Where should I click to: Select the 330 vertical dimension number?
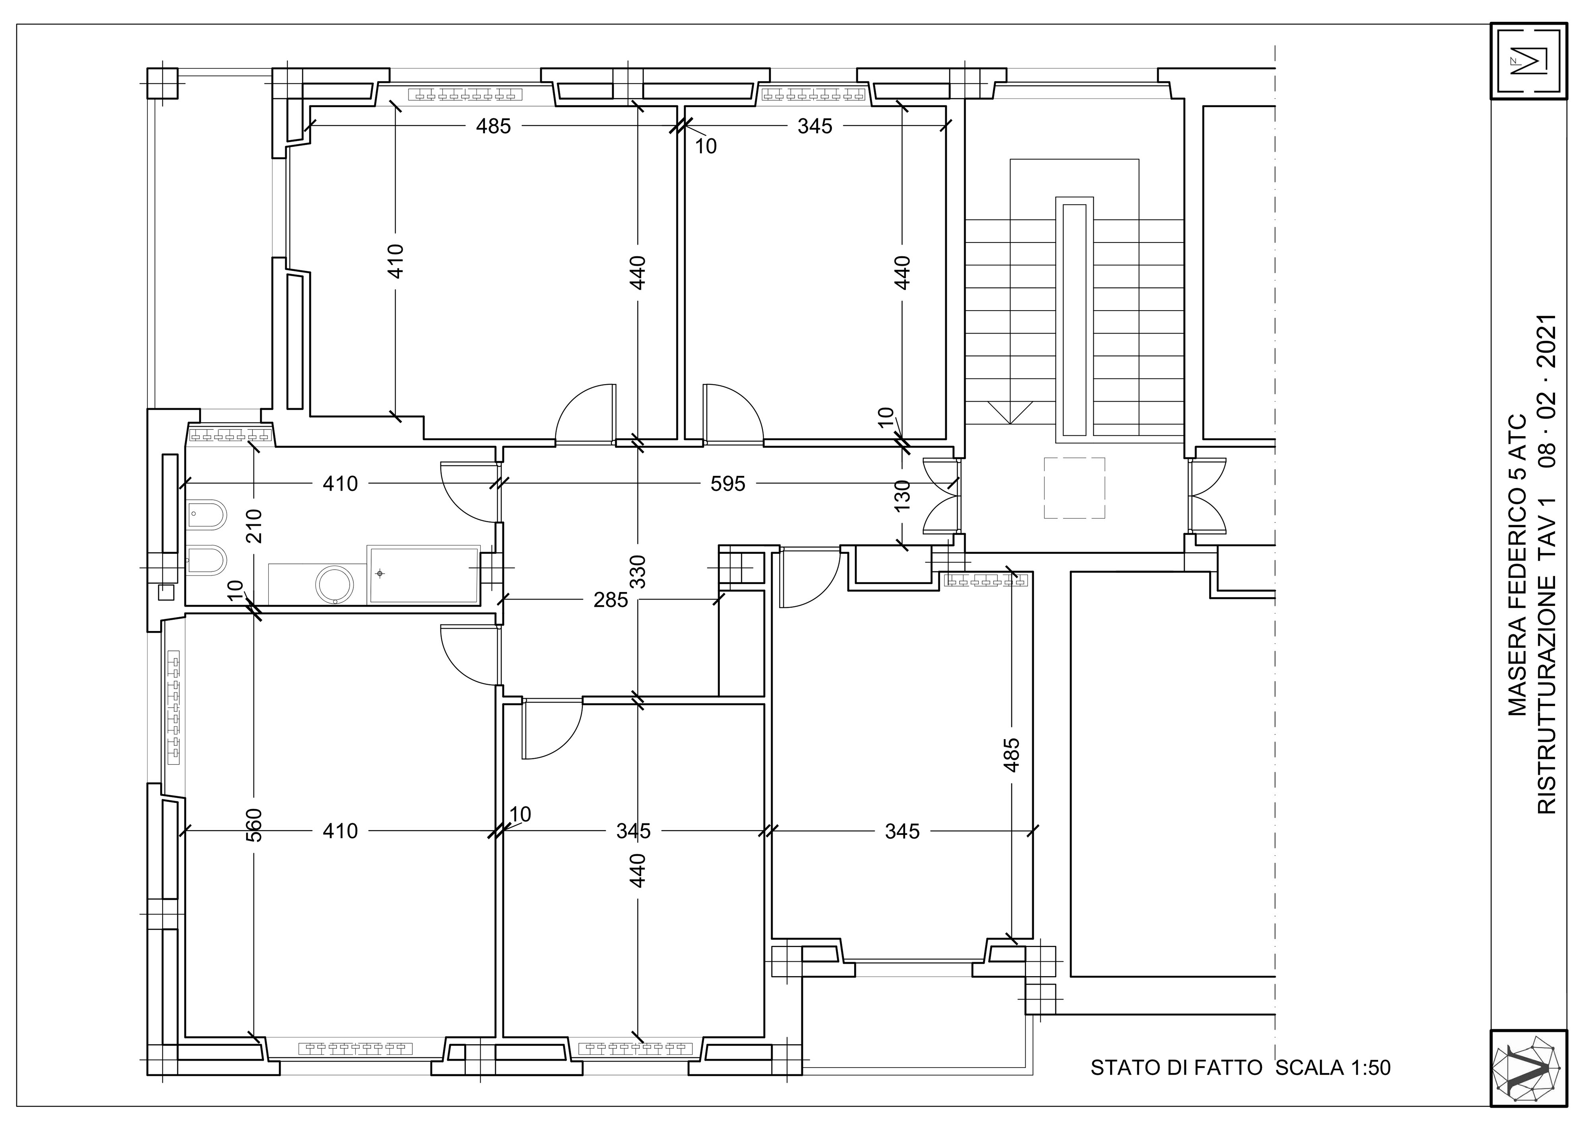tap(638, 571)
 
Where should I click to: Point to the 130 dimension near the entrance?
tap(902, 496)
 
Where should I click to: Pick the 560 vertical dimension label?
tap(254, 825)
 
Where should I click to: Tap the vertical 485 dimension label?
tap(1012, 755)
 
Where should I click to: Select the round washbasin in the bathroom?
tap(336, 584)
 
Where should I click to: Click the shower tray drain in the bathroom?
tap(380, 573)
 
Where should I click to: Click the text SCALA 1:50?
tap(1333, 1067)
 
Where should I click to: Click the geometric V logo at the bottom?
tap(1528, 1069)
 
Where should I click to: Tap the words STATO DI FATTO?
tap(1176, 1067)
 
